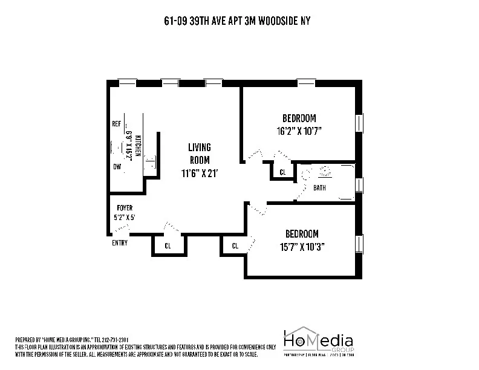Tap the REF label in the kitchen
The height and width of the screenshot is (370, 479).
(116, 123)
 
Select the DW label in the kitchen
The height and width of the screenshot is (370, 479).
(116, 166)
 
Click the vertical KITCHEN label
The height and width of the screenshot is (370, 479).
(137, 146)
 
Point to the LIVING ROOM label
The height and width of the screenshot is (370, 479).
(199, 154)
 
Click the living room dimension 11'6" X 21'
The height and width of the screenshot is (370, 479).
(199, 173)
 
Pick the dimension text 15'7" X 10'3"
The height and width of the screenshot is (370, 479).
(301, 247)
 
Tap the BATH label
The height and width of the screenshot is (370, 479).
(319, 187)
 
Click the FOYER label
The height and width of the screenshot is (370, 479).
(125, 208)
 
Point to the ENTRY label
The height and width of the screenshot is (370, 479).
(120, 243)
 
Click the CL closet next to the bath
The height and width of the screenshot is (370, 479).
(282, 172)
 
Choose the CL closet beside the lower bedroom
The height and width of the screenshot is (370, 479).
(235, 246)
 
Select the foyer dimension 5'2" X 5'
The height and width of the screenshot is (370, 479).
(124, 217)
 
